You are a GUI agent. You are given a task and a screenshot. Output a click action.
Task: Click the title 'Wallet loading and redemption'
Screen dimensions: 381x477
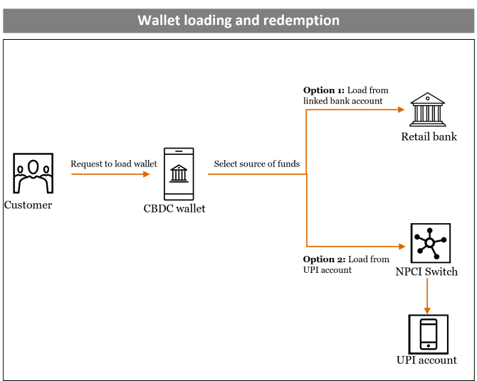238,20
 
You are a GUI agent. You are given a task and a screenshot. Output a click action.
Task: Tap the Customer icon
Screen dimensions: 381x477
32,174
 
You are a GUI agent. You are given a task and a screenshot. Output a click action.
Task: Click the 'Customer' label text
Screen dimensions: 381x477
28,205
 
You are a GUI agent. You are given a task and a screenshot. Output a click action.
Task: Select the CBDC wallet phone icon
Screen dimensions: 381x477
179,173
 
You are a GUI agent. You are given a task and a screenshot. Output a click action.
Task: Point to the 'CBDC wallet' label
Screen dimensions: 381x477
174,208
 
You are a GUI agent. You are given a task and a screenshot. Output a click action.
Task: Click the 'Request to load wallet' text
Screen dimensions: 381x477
114,163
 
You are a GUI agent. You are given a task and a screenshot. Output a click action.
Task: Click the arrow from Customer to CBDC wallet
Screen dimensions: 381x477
110,174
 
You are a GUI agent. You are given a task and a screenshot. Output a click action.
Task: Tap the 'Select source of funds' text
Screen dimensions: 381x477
257,163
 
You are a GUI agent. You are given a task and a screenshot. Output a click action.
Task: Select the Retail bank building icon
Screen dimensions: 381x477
428,109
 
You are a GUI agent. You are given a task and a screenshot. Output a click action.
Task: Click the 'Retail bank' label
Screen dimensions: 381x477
429,136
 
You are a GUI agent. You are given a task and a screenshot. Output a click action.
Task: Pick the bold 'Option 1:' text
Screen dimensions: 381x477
324,90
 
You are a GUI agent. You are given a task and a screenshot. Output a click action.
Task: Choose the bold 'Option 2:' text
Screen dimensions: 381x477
324,259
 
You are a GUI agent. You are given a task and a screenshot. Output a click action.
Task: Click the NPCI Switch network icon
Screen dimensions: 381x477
430,243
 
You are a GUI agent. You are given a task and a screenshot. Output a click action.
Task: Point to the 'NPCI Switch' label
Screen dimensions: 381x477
426,272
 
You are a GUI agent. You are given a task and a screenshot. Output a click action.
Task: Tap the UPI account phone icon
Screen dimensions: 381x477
428,333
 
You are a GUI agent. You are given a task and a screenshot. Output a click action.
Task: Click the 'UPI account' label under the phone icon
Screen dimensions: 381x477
426,360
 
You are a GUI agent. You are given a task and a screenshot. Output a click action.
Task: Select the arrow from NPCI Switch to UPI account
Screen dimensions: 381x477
427,295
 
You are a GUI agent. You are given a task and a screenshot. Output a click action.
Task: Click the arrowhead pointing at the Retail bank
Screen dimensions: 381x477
401,109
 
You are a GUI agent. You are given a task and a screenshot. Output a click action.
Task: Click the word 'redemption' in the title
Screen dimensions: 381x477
301,20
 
